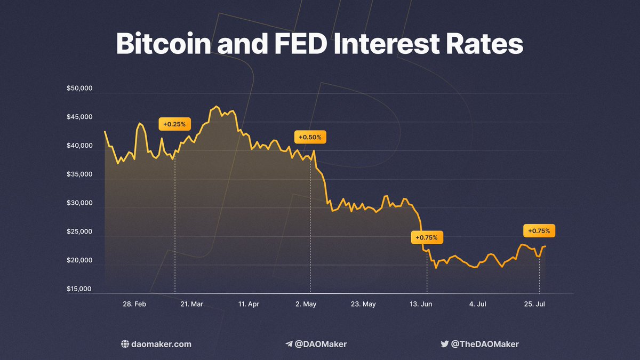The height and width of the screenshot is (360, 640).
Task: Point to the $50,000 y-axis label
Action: (79, 88)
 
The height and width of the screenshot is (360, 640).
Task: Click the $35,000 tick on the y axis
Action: (79, 174)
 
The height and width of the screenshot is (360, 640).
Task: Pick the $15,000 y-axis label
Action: (79, 290)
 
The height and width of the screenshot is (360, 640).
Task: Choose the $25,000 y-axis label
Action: (79, 232)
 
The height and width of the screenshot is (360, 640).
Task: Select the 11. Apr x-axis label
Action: (249, 304)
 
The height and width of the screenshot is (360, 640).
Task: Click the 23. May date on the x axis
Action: (364, 304)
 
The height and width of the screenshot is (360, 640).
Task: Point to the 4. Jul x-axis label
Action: (477, 304)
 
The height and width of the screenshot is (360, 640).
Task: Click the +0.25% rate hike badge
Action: (174, 124)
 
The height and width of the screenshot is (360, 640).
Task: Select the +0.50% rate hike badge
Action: (310, 137)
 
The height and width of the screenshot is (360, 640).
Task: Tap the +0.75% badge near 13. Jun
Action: (427, 237)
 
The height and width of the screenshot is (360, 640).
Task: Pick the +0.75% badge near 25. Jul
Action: (539, 231)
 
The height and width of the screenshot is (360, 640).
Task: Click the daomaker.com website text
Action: (161, 344)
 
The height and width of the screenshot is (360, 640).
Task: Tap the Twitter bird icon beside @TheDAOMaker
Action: (444, 344)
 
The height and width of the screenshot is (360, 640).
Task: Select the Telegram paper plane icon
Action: (289, 344)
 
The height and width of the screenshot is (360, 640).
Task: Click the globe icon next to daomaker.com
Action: (125, 344)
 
